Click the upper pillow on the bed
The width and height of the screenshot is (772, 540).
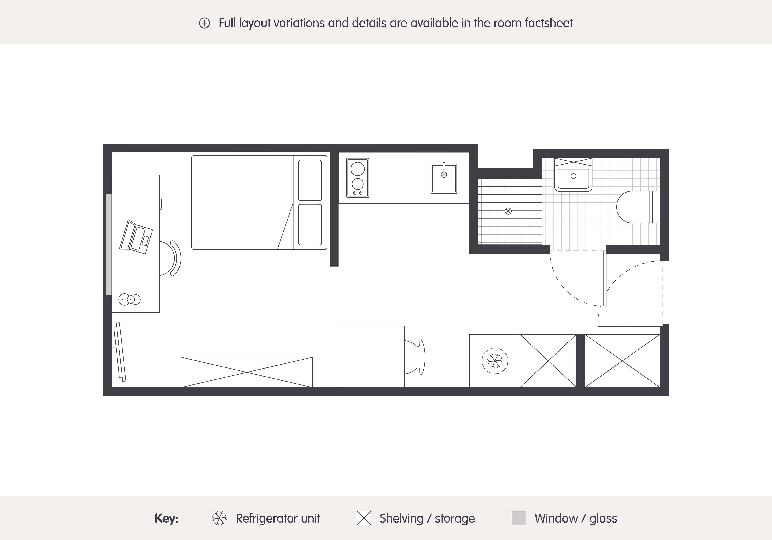pos(310,180)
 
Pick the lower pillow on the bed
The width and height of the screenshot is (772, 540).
pos(310,225)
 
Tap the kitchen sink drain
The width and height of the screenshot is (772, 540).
pos(444,174)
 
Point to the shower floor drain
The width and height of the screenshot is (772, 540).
pos(508,211)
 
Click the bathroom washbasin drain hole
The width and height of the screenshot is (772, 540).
pos(573,176)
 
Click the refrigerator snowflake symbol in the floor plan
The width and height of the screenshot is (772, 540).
pos(495,361)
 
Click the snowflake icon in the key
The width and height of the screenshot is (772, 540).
pos(219,518)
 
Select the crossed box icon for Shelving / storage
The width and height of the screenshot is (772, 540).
pos(364,518)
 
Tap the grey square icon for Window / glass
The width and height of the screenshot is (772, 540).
pos(519,518)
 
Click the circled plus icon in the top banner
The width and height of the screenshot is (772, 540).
pos(204,23)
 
